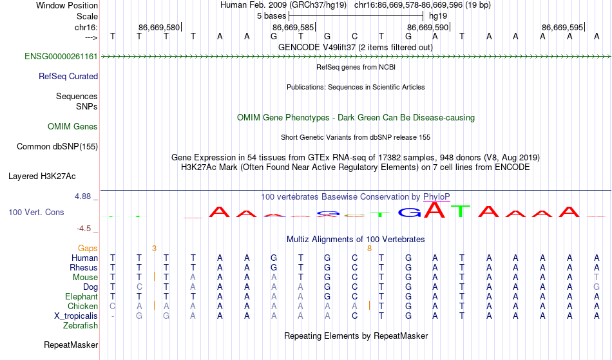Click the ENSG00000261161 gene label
point(61,57)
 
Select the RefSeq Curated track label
point(68,77)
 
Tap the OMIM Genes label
point(73,127)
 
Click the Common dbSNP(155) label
point(57,147)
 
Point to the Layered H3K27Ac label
point(42,176)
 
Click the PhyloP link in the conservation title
point(437,197)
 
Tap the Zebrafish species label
point(81,326)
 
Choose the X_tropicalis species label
point(76,316)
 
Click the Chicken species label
point(82,306)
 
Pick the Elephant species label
point(82,296)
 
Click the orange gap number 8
point(369,249)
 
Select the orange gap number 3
point(154,249)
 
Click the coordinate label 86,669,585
point(293,27)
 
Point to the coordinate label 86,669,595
point(562,27)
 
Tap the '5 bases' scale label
point(272,16)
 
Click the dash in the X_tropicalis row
point(113,316)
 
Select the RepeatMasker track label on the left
point(71,345)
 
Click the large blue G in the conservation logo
point(410,213)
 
